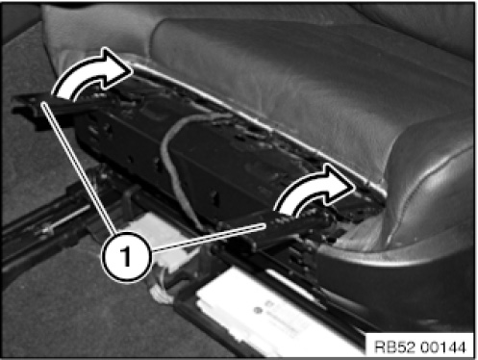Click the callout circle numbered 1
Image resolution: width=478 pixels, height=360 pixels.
pos(126,257)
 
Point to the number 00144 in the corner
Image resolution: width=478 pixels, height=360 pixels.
pos(442,347)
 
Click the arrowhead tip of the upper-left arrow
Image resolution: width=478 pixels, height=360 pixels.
pos(133,70)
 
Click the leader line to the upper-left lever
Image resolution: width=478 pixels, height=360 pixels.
pos(79,167)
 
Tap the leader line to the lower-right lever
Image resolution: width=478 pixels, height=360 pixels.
pos(209,238)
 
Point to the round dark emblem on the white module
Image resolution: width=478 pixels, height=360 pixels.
pos(258,310)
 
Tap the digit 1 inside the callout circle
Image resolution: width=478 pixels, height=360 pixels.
pos(126,256)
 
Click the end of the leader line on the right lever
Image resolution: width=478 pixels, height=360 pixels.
pos(265,225)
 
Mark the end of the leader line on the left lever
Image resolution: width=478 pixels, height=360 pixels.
pos(43,102)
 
